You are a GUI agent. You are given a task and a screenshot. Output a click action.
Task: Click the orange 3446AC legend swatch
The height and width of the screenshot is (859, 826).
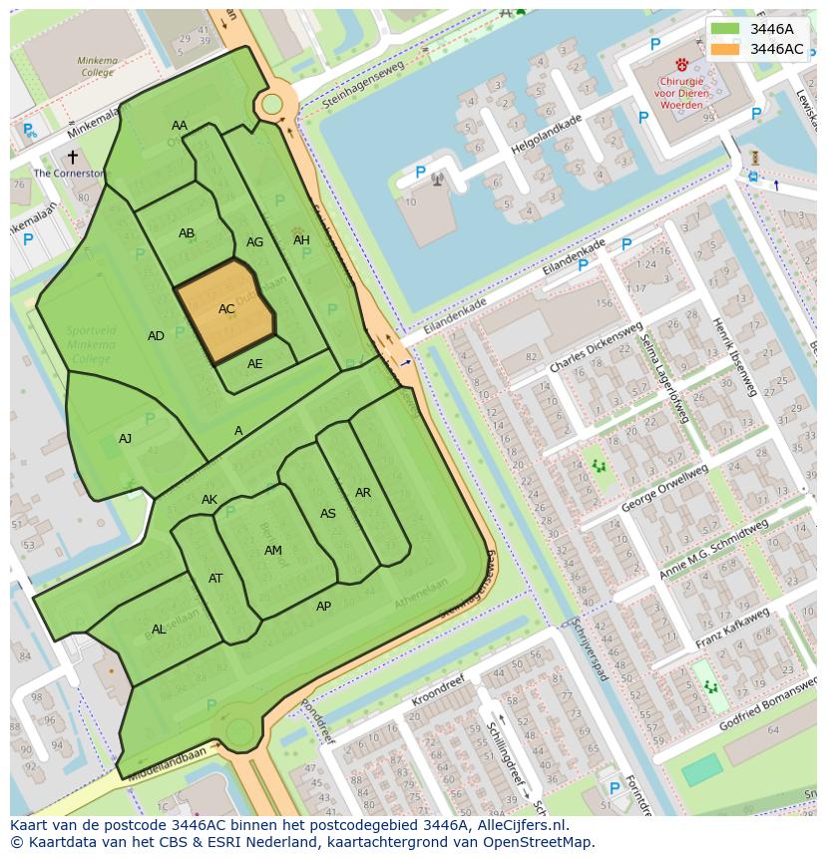pyautogui.click(x=725, y=49)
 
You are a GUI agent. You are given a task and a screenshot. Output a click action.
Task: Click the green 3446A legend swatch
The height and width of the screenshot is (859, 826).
pyautogui.click(x=725, y=29)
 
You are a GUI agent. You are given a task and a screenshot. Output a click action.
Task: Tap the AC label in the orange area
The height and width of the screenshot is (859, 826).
pyautogui.click(x=226, y=309)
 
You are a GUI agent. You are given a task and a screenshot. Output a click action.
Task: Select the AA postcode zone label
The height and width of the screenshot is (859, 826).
pyautogui.click(x=180, y=126)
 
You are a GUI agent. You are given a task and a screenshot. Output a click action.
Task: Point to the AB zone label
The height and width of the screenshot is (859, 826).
pyautogui.click(x=187, y=233)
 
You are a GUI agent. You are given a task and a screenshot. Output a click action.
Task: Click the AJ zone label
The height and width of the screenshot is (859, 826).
pyautogui.click(x=125, y=439)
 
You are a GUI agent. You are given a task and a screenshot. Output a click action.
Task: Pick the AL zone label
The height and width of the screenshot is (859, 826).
pyautogui.click(x=159, y=630)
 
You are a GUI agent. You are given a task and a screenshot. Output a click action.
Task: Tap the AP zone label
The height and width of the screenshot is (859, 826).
pyautogui.click(x=323, y=607)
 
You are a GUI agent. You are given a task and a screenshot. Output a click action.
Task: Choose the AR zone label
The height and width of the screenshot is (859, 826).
pyautogui.click(x=363, y=493)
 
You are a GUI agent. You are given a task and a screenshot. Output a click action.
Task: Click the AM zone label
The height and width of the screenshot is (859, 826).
pyautogui.click(x=273, y=551)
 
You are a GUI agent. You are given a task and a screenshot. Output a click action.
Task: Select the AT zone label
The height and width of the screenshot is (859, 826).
pyautogui.click(x=215, y=579)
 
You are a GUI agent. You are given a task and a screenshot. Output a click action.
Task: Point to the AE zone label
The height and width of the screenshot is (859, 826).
pyautogui.click(x=255, y=364)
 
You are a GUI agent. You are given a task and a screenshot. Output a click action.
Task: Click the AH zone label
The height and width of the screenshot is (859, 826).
pyautogui.click(x=301, y=240)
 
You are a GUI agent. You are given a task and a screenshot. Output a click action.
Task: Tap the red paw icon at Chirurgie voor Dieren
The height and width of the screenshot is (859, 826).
pyautogui.click(x=681, y=64)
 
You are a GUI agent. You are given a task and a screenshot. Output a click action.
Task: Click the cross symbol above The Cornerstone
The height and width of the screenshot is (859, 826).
pyautogui.click(x=72, y=157)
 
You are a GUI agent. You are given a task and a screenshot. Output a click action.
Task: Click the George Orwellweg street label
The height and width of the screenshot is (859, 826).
pyautogui.click(x=664, y=489)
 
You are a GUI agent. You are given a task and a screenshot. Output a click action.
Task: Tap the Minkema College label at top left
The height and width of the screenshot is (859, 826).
pyautogui.click(x=97, y=66)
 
